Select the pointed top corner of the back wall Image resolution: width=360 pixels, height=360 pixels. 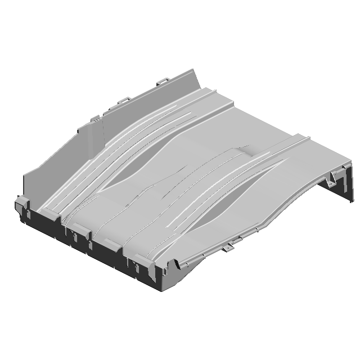click(194, 70)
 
